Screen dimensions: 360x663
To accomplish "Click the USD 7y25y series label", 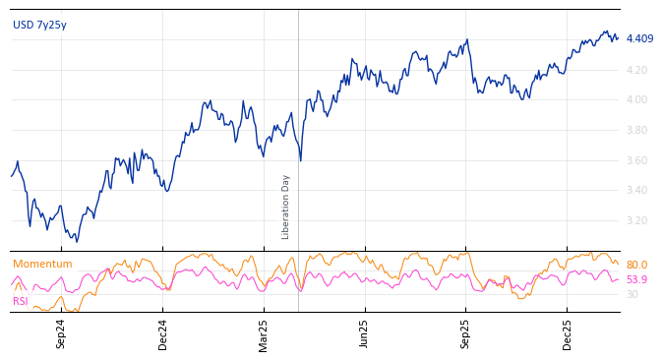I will pyautogui.click(x=39, y=25).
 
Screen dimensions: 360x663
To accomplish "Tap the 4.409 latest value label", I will pyautogui.click(x=639, y=39).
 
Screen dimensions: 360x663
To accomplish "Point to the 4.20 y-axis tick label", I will pyautogui.click(x=636, y=70).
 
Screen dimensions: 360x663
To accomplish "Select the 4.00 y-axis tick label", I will pyautogui.click(x=636, y=99).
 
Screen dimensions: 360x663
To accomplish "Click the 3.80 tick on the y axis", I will pyautogui.click(x=636, y=130).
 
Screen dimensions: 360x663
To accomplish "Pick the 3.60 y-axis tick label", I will pyautogui.click(x=636, y=160).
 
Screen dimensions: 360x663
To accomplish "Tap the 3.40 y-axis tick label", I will pyautogui.click(x=636, y=190).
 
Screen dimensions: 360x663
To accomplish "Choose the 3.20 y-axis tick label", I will pyautogui.click(x=636, y=220).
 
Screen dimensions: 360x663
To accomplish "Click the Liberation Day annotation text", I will pyautogui.click(x=286, y=207).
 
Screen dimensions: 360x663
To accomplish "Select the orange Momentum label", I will pyautogui.click(x=42, y=264).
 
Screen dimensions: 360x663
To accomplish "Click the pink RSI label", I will pyautogui.click(x=21, y=301).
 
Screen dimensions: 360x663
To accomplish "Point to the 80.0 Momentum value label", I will pyautogui.click(x=636, y=266).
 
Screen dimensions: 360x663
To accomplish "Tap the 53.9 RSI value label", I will pyautogui.click(x=636, y=280).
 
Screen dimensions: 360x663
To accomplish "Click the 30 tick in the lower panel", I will pyautogui.click(x=632, y=294).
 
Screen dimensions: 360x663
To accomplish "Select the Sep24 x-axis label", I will pyautogui.click(x=61, y=333).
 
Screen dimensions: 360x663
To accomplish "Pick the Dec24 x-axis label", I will pyautogui.click(x=163, y=333).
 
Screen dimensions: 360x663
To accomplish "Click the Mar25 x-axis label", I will pyautogui.click(x=264, y=333).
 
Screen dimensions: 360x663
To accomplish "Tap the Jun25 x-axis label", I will pyautogui.click(x=365, y=333).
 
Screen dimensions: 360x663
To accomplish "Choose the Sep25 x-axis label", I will pyautogui.click(x=466, y=333).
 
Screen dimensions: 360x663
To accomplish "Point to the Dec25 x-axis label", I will pyautogui.click(x=568, y=333).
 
